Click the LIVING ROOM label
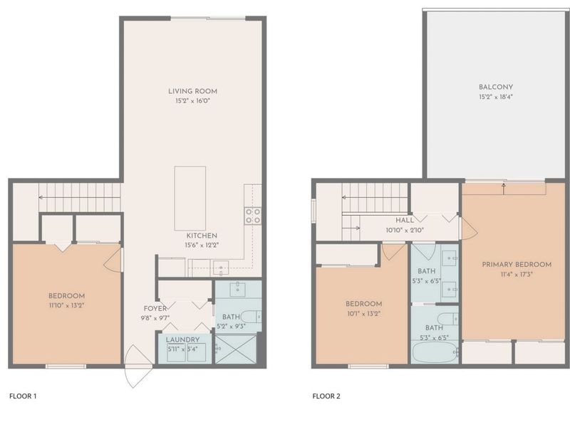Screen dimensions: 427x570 (x=192, y=91)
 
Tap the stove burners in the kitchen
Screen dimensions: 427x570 (x=252, y=216)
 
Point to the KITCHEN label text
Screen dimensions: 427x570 (x=202, y=236)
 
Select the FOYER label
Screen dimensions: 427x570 (x=155, y=308)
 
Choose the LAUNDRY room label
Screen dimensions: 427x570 (x=183, y=339)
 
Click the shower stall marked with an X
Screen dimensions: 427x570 (x=238, y=349)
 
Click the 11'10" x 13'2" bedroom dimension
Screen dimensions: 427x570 (x=67, y=306)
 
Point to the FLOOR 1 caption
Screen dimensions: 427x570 (x=24, y=396)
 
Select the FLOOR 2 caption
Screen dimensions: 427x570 (x=326, y=396)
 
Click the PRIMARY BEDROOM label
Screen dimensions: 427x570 (x=507, y=264)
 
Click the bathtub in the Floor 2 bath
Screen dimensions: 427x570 (x=435, y=352)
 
